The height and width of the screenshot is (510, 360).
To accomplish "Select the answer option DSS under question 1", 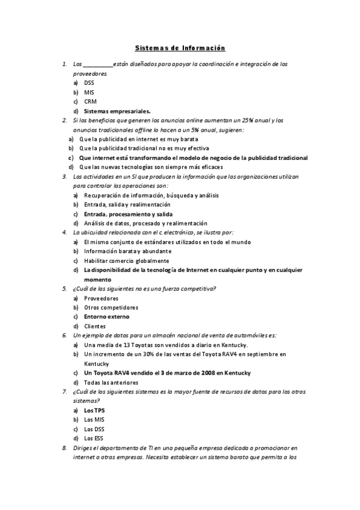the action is (89, 82).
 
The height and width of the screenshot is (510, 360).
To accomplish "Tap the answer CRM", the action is (90, 102).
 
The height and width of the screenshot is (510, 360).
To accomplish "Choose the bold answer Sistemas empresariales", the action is (117, 111).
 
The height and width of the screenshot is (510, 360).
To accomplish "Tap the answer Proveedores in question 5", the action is (101, 298).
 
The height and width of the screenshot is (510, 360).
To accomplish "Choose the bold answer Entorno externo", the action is (106, 316).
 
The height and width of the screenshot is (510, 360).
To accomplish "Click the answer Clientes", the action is (95, 326).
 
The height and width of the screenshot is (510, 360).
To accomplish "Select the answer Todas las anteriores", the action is (111, 382).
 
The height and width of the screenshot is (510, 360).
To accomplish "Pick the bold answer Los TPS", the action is (94, 410).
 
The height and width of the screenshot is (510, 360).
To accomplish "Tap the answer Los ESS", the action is (93, 438).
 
